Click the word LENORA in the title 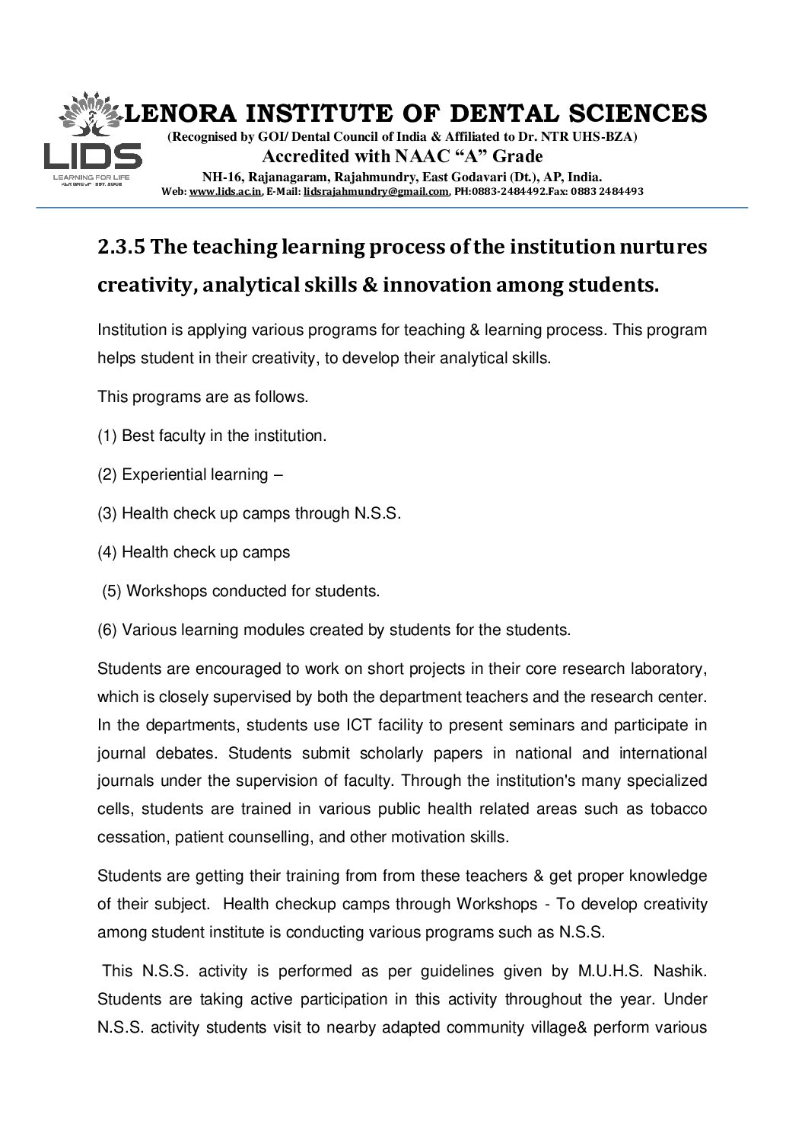click(172, 113)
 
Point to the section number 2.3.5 click(122, 247)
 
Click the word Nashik click(682, 971)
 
